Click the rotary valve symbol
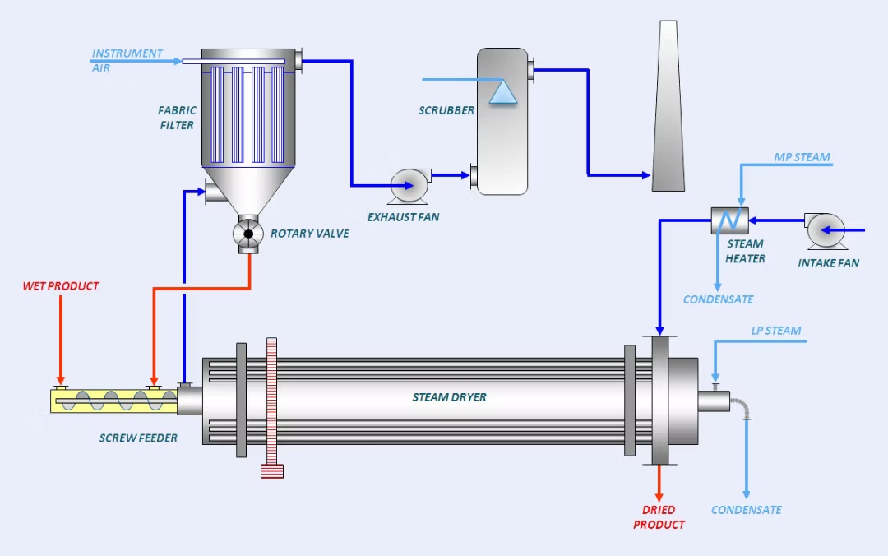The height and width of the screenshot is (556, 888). (247, 234)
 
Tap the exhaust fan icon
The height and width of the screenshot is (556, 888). (409, 185)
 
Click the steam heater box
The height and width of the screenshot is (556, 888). (728, 220)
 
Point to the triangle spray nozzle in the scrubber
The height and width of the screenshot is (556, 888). (502, 91)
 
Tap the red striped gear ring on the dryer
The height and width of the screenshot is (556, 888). (273, 407)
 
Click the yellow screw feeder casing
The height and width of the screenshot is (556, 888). (113, 401)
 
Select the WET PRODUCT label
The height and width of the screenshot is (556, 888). (61, 286)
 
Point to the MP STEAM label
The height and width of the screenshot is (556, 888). (802, 157)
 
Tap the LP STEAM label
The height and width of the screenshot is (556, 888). (775, 331)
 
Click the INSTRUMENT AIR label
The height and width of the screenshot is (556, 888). (127, 60)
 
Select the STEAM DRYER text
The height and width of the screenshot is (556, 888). (449, 397)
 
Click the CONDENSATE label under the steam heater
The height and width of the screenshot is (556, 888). (718, 299)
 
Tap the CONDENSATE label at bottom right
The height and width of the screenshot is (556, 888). (746, 510)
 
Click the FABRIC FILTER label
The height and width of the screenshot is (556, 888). (177, 118)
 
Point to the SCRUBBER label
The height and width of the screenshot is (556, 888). (446, 110)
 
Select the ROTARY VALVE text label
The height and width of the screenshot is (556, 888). (309, 234)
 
